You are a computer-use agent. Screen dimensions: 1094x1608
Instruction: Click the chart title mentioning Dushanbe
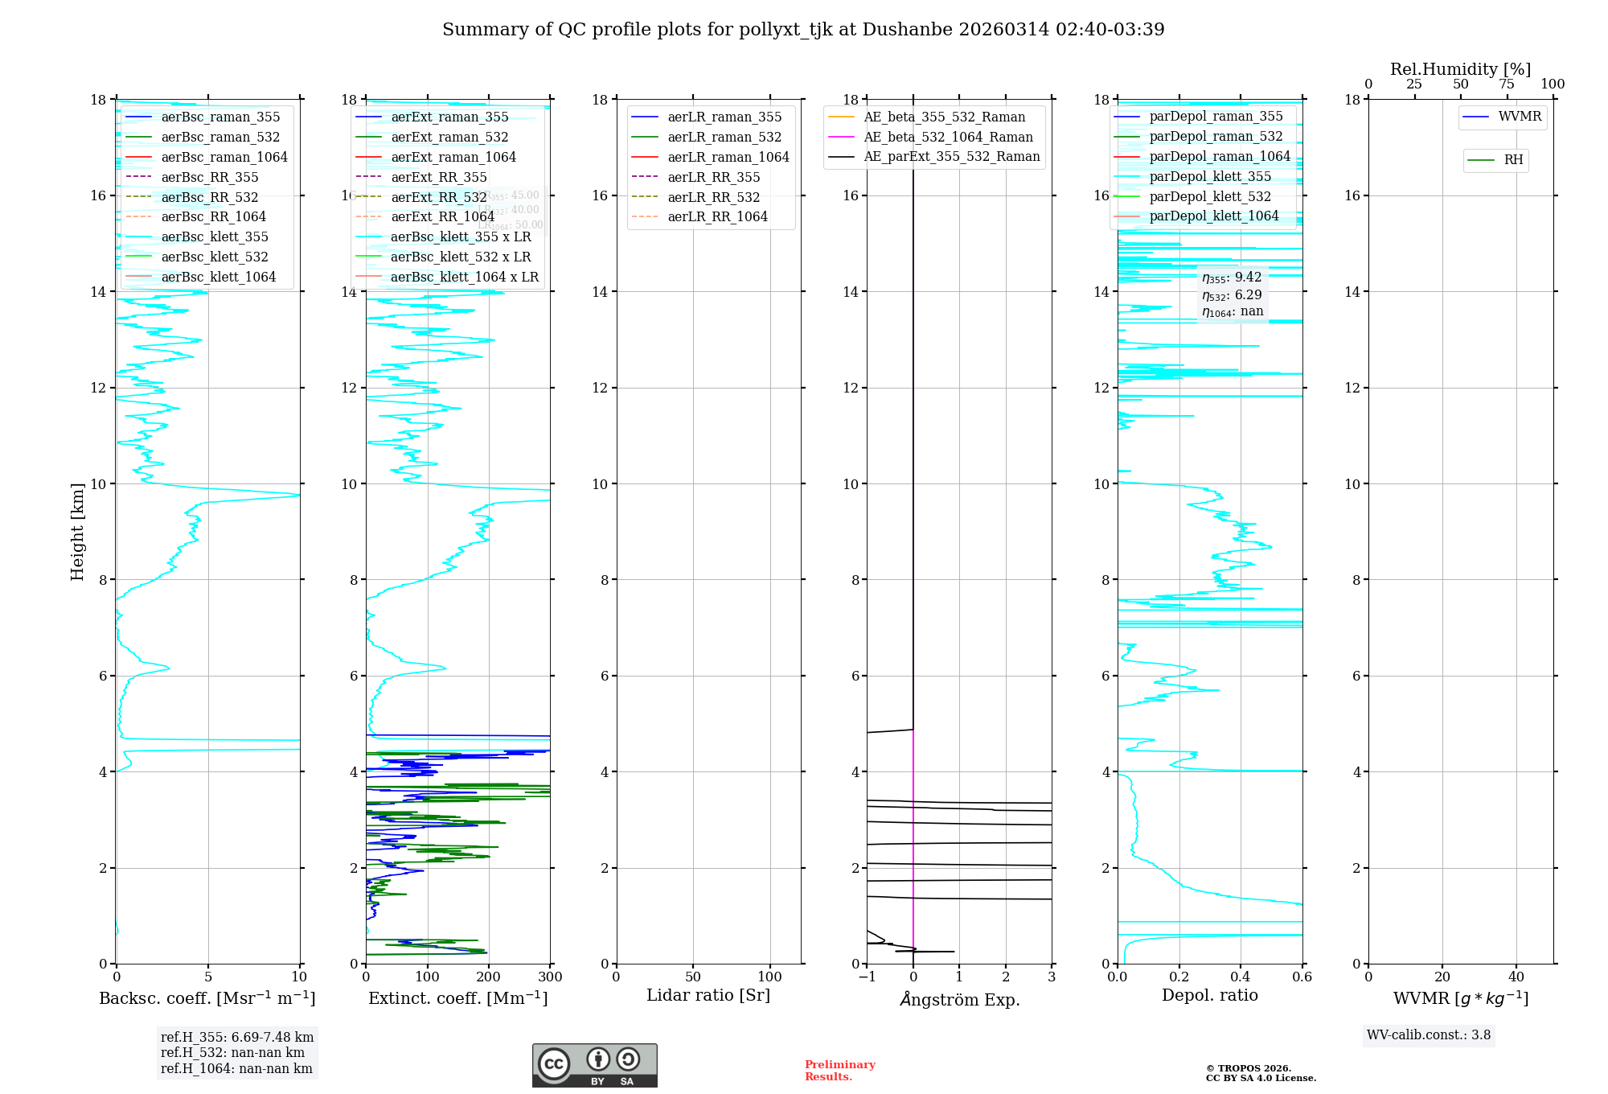803,30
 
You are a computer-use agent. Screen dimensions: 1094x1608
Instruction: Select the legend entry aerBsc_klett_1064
218,277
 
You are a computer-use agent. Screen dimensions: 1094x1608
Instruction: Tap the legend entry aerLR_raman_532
724,137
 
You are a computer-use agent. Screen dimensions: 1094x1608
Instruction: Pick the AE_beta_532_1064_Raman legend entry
948,137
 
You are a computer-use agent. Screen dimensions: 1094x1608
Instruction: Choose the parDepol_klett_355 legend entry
1209,176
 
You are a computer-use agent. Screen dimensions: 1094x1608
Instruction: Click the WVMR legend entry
1519,117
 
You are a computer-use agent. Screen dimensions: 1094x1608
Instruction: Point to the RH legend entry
1512,160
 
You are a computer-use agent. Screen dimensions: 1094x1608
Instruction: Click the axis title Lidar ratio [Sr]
708,995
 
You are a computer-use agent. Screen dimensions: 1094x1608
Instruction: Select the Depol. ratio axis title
1209,995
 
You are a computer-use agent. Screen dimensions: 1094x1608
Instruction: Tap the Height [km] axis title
77,531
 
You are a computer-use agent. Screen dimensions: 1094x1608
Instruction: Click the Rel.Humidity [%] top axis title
1460,69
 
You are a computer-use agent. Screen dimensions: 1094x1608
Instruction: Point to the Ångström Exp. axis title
959,999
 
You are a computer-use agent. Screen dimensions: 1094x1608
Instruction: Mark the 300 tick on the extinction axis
551,977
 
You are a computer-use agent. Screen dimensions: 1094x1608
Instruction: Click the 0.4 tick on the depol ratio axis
1241,977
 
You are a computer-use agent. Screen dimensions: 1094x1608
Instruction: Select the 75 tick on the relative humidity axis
1507,84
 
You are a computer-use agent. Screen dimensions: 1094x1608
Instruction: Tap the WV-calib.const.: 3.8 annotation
1429,1035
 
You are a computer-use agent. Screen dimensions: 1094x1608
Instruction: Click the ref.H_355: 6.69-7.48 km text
237,1038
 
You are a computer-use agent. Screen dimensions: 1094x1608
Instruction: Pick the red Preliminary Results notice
839,1071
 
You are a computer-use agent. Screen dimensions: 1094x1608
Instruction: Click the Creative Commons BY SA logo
594,1066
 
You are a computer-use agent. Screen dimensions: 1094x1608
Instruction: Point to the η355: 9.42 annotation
1232,278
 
